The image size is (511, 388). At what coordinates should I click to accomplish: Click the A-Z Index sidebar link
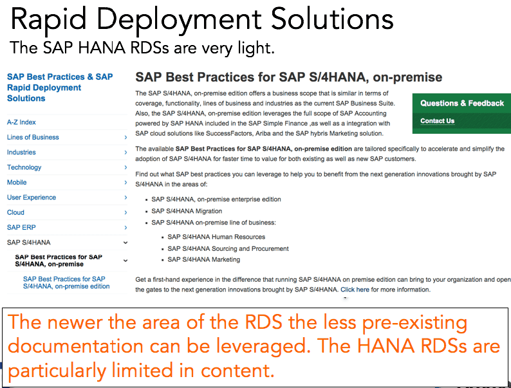coord(21,122)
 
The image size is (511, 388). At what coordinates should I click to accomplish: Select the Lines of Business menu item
coord(33,137)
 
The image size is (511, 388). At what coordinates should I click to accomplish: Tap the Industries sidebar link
coord(21,152)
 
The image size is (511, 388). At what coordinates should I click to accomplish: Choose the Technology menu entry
coord(24,167)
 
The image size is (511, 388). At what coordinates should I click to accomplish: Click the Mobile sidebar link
coord(17,183)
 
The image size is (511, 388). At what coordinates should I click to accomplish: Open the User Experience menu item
coord(32,198)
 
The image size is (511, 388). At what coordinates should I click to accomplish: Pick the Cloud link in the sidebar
coord(15,212)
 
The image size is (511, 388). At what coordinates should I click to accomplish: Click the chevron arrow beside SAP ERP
coord(125,227)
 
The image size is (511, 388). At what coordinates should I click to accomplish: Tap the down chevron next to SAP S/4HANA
coord(125,243)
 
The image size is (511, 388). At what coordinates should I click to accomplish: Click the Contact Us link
coord(438,121)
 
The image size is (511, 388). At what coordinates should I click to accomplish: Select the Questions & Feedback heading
coord(462,103)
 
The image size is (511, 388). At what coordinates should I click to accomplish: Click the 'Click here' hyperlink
coord(355,290)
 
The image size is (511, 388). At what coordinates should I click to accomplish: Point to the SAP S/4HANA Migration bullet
coord(187,211)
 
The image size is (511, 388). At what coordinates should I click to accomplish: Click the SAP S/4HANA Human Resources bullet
coord(216,237)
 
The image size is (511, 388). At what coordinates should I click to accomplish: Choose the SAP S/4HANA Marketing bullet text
coord(203,260)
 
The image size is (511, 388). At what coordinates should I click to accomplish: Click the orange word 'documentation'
coord(75,346)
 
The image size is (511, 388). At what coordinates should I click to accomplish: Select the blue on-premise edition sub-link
coord(66,282)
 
